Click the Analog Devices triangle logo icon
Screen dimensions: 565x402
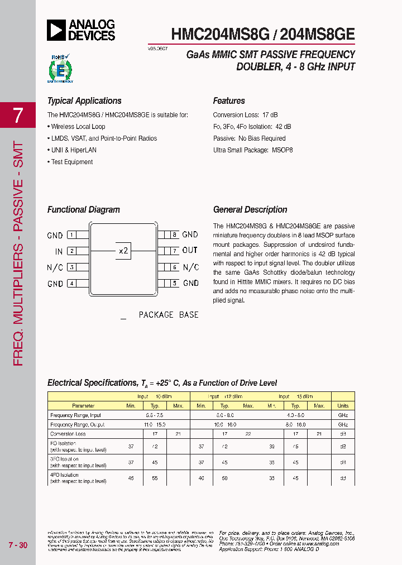[56, 30]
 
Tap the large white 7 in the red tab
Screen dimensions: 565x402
[18, 115]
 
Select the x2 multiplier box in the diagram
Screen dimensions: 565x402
[123, 251]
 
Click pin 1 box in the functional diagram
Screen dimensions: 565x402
[71, 235]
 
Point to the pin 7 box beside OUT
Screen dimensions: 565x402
[174, 251]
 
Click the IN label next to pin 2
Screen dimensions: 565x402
[59, 251]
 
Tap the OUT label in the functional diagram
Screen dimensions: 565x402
[190, 251]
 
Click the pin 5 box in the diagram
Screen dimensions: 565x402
[174, 283]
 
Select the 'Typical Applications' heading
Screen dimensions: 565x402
[84, 101]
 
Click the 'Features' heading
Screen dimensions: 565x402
[229, 101]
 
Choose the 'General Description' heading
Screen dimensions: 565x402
[250, 210]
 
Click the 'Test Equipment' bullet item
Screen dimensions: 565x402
[72, 162]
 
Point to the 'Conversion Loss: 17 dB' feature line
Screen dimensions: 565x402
[245, 115]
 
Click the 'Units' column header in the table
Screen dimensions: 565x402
[343, 406]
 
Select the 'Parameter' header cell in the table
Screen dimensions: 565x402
[84, 406]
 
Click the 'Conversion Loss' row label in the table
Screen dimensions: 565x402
[68, 434]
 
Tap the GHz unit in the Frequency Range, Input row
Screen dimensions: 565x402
[343, 415]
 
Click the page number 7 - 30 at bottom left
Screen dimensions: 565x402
[18, 545]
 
